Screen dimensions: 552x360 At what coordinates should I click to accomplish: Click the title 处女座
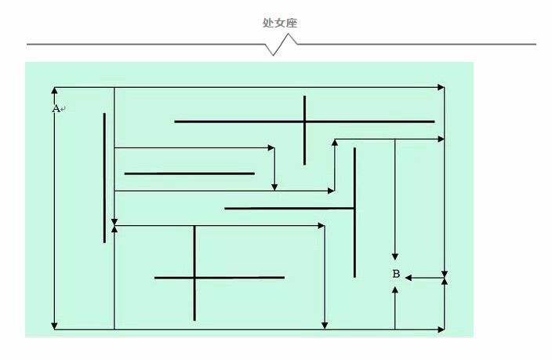pos(280,23)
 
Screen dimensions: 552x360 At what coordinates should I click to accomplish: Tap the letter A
pos(56,109)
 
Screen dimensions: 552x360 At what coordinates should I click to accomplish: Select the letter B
pos(396,274)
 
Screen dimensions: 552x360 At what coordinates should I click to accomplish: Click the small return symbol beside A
pos(63,109)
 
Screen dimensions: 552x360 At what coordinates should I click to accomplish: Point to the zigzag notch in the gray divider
pos(281,45)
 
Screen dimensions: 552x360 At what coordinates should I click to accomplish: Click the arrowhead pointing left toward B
pos(409,278)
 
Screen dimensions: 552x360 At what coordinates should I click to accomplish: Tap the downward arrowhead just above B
pos(395,256)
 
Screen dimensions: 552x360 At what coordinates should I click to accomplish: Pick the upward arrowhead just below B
pos(395,290)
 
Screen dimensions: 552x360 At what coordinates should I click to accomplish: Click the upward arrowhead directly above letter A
pos(54,90)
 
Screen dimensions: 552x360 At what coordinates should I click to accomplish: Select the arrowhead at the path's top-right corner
pos(441,87)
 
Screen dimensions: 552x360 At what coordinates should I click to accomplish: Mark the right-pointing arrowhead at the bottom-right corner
pos(441,329)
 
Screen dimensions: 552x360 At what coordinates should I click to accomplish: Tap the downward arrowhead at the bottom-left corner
pos(54,325)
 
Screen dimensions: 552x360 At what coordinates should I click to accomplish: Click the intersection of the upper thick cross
pos(304,122)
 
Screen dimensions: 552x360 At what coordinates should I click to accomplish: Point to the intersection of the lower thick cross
pos(194,278)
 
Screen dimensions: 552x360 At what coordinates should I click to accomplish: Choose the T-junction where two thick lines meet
pos(354,209)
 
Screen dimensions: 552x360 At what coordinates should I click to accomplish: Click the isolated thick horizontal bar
pos(190,173)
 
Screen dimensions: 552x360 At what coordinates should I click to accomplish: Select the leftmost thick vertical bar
pos(104,178)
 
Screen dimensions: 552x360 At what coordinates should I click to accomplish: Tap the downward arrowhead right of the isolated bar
pos(274,187)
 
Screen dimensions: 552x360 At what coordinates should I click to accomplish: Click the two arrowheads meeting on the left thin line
pos(114,225)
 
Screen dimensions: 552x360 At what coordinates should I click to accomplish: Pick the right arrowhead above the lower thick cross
pos(321,225)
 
